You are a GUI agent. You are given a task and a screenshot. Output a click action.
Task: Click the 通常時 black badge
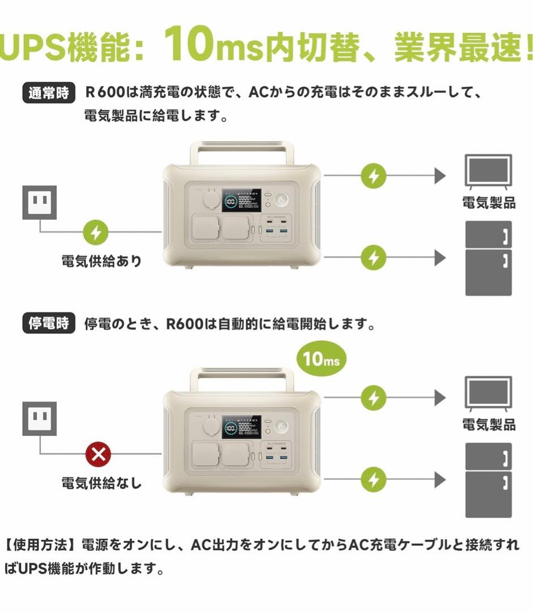[x=48, y=93]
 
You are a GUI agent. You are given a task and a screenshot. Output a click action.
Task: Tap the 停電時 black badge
[x=48, y=324]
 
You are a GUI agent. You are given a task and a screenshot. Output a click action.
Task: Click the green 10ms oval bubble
[x=320, y=358]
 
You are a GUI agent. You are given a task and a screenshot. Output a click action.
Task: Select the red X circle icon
[x=98, y=454]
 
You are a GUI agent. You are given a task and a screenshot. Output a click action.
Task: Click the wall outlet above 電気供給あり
[x=39, y=202]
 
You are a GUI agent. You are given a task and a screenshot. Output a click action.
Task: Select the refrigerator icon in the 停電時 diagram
[x=488, y=480]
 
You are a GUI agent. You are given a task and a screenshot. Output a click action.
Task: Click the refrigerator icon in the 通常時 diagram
[x=488, y=258]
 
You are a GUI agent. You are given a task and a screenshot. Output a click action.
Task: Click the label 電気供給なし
[x=101, y=484]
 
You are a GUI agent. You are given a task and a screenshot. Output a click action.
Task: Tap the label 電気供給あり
[x=101, y=262]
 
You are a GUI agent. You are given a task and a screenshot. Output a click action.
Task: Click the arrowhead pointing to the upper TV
[x=440, y=176]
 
